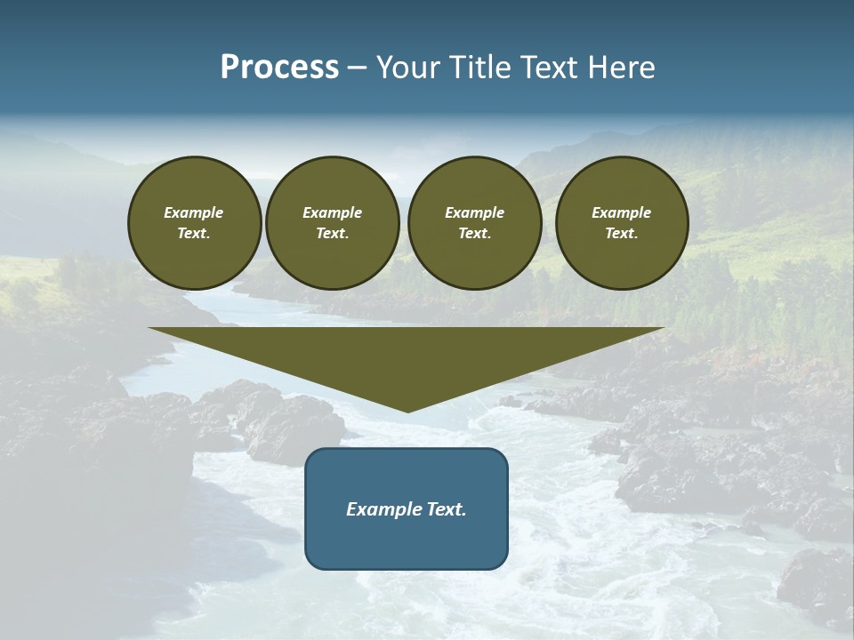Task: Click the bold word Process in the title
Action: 279,68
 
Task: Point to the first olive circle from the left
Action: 194,223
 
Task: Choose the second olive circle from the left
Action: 333,223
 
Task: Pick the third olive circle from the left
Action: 474,223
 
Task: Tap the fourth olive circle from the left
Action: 622,223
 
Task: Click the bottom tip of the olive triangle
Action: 407,411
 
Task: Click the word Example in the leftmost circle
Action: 194,212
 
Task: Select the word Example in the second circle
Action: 333,212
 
